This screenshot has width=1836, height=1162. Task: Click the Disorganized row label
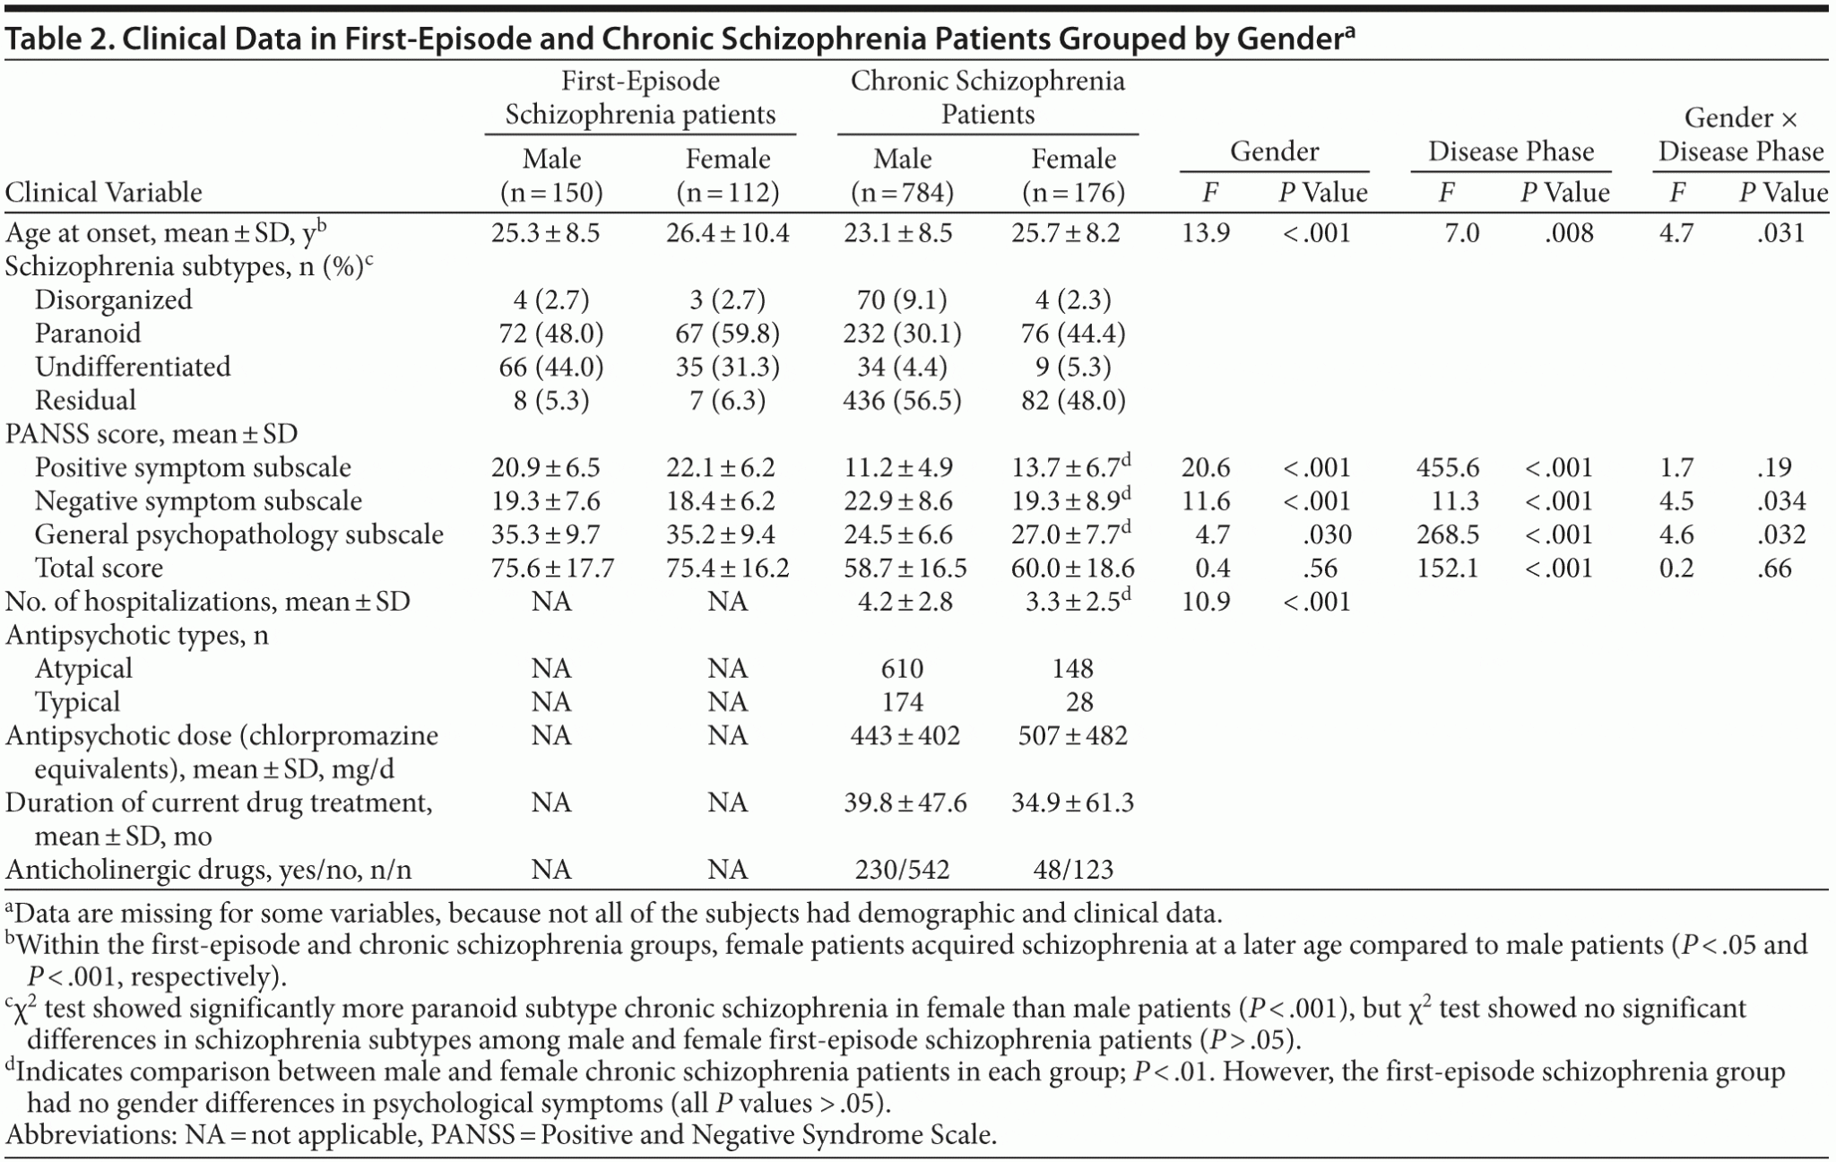(113, 299)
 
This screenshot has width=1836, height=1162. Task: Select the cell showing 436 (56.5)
(902, 400)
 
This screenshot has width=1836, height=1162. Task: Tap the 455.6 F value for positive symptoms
(1447, 467)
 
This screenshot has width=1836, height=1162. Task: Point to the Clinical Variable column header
(104, 192)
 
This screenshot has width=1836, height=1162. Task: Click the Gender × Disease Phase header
(1740, 134)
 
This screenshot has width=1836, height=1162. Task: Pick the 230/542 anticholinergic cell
(902, 869)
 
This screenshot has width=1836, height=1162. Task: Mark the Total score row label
(99, 568)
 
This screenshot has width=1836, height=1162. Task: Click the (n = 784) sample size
(903, 192)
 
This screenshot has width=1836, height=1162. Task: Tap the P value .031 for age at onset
(1780, 233)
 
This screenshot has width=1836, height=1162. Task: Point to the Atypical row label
(82, 668)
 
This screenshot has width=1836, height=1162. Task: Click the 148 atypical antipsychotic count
(1073, 668)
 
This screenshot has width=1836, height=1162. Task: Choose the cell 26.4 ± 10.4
(727, 233)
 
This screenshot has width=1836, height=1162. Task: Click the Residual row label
(85, 400)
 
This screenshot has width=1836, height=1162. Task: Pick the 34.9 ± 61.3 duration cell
(1075, 802)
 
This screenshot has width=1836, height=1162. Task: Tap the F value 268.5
(1447, 534)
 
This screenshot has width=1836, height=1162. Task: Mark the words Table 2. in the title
(53, 39)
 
